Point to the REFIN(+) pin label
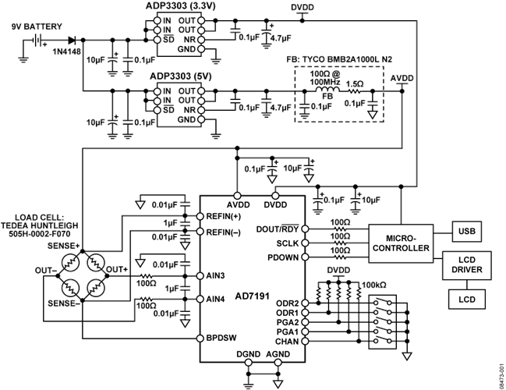coord(224,216)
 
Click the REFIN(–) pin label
coord(224,232)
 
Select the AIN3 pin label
coord(216,276)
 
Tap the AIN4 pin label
coord(216,299)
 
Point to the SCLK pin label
coord(286,243)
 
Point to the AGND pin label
coord(278,353)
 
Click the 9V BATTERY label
coord(34,25)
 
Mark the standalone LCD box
coord(467,298)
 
